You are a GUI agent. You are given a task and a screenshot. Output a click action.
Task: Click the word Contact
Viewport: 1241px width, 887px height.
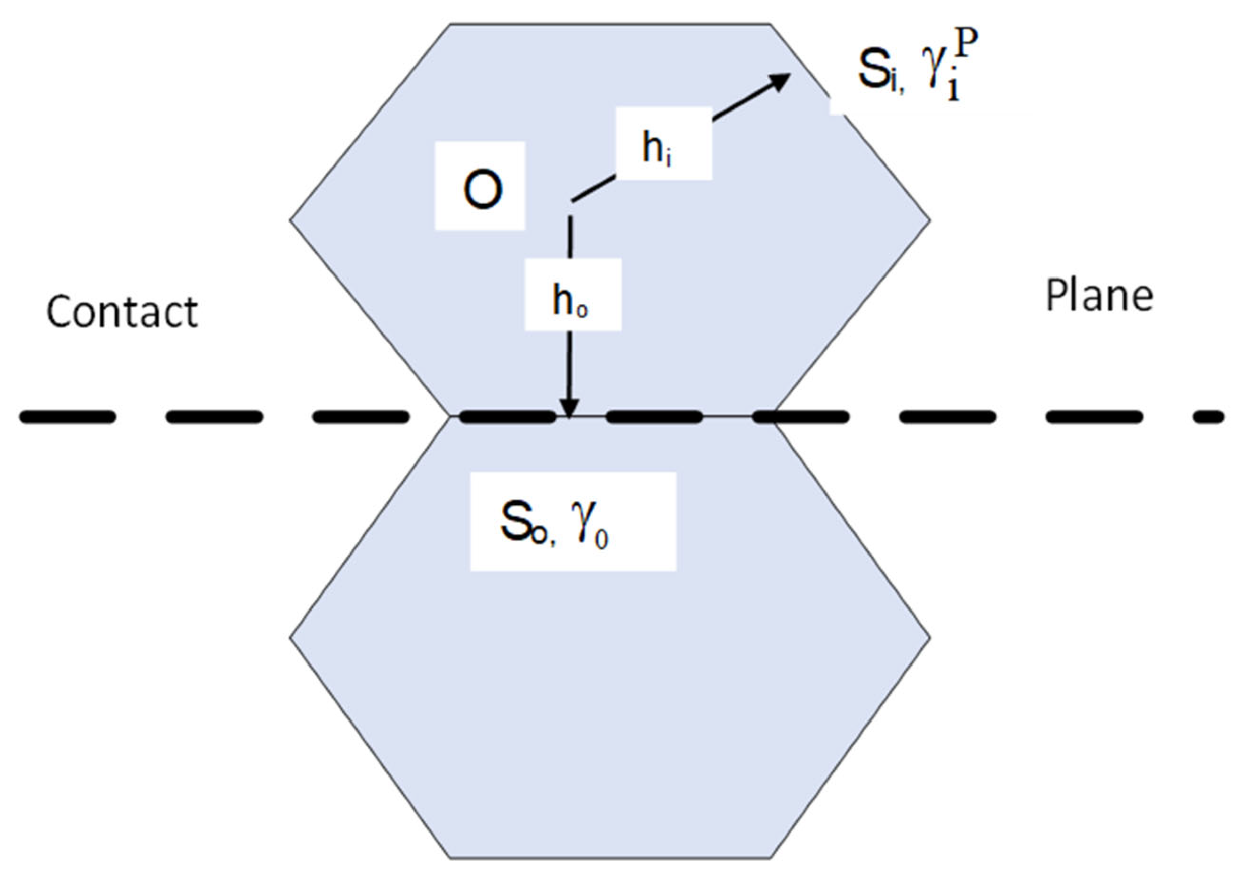(122, 312)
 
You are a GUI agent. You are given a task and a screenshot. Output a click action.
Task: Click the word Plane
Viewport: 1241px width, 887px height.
(1099, 296)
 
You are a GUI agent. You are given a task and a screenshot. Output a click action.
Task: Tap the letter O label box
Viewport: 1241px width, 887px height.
(480, 186)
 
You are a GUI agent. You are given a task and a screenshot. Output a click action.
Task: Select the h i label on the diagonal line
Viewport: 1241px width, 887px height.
(663, 144)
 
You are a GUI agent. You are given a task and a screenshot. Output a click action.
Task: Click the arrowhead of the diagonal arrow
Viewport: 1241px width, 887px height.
(779, 81)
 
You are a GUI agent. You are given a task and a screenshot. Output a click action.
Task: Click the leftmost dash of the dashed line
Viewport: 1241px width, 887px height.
(68, 417)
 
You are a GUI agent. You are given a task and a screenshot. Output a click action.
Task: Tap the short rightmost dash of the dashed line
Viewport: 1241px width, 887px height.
(1208, 417)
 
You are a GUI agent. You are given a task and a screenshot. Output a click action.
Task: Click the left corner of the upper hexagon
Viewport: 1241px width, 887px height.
(290, 220)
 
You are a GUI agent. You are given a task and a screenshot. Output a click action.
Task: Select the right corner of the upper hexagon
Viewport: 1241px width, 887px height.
(930, 220)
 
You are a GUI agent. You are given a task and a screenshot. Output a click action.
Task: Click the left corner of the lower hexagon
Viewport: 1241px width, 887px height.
(290, 637)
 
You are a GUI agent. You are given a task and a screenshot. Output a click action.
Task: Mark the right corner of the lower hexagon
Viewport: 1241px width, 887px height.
(930, 637)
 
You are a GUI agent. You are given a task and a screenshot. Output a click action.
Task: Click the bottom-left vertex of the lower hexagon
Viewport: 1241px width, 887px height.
(450, 858)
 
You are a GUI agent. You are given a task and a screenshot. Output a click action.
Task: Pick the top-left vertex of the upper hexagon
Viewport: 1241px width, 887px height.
(450, 24)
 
